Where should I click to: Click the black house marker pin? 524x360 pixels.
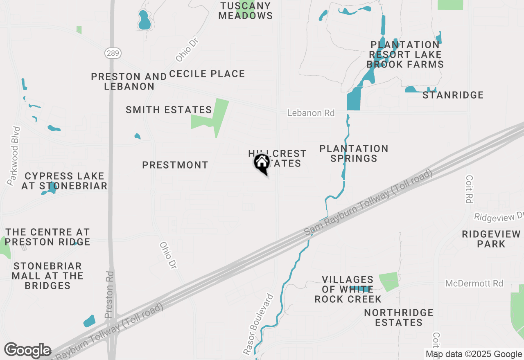click(x=262, y=163)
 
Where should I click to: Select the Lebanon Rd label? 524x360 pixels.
click(x=311, y=113)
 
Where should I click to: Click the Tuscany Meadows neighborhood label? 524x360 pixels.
click(x=246, y=11)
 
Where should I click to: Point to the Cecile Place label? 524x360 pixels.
click(x=207, y=74)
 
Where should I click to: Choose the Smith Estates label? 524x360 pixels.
click(x=169, y=110)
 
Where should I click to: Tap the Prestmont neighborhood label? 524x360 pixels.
click(x=175, y=165)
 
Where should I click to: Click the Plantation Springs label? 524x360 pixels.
click(x=354, y=153)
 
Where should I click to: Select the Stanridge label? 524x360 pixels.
click(x=453, y=95)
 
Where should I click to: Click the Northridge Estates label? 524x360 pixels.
click(x=399, y=317)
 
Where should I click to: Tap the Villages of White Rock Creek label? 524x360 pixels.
click(x=348, y=289)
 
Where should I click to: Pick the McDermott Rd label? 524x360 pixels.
click(x=474, y=283)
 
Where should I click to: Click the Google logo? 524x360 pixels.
click(x=27, y=351)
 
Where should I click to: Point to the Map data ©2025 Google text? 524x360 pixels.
click(x=474, y=354)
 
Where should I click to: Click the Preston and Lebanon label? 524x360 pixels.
click(x=129, y=81)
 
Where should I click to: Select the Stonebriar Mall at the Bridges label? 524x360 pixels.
click(x=47, y=276)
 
